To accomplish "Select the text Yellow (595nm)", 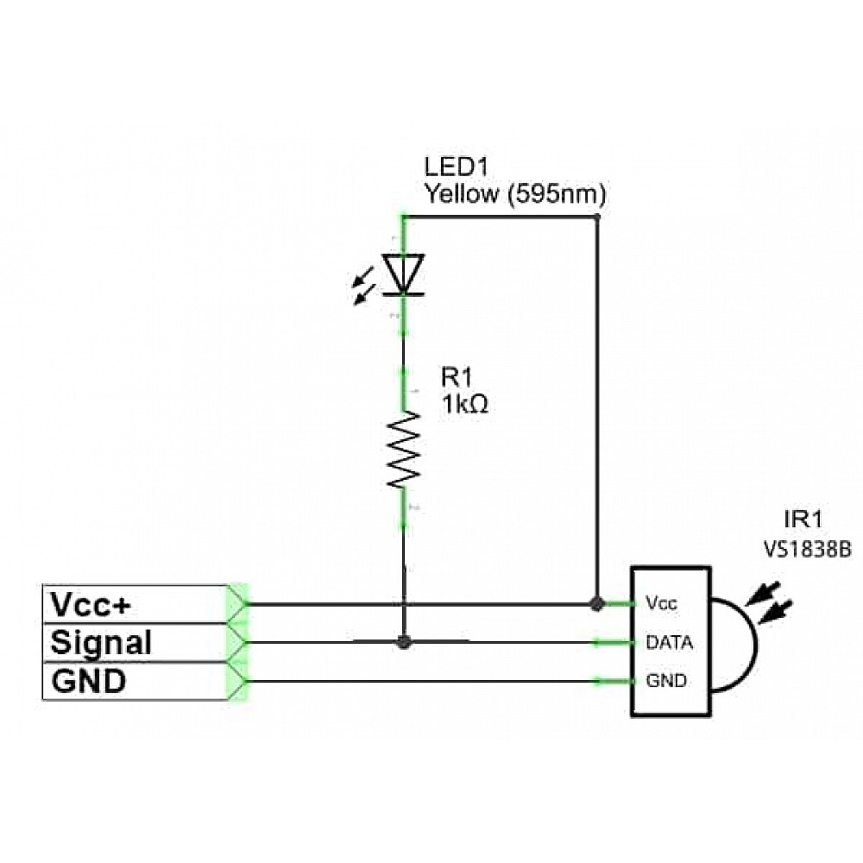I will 514,194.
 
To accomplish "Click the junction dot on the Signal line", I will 402,642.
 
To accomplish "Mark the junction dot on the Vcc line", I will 596,603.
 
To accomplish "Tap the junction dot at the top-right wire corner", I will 597,217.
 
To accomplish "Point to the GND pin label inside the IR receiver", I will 666,682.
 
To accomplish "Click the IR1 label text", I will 803,520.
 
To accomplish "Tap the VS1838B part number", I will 806,548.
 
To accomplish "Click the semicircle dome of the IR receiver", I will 739,642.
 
